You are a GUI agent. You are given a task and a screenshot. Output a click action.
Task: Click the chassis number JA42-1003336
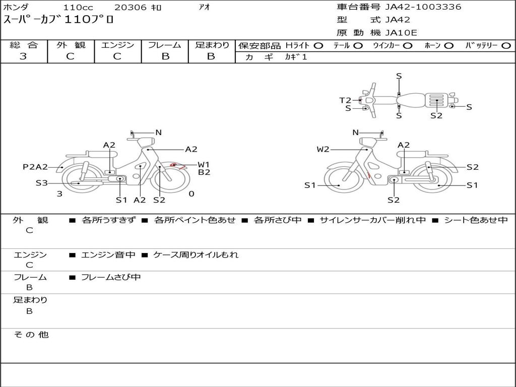[423, 7]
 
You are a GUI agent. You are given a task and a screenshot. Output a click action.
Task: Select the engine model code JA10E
[401, 33]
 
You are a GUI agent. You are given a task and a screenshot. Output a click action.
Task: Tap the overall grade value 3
[23, 56]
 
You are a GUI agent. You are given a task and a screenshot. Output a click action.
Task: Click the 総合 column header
[24, 45]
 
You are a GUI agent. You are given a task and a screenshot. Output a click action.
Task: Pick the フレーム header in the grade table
[165, 45]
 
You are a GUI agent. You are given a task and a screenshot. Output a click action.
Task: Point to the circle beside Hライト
[318, 46]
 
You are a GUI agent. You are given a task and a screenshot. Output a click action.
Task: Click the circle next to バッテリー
[506, 46]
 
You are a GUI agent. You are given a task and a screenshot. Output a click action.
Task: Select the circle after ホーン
[448, 46]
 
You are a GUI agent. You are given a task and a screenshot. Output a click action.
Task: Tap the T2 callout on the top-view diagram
[345, 100]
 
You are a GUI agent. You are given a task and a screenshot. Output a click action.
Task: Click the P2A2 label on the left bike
[35, 167]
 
